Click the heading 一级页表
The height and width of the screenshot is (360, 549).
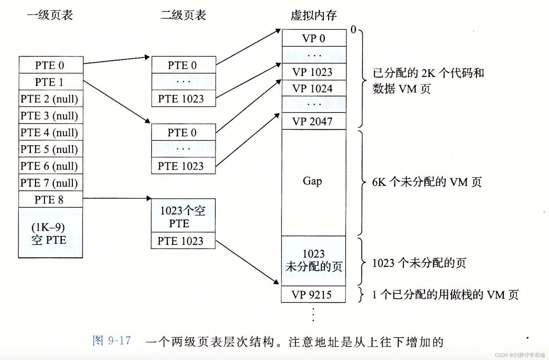[x=50, y=15]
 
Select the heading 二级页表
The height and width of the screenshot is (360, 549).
[x=183, y=15]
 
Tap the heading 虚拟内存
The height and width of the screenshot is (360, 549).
[x=313, y=15]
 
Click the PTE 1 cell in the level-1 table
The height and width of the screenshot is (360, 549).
[x=51, y=82]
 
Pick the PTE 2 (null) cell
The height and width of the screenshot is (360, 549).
[x=51, y=99]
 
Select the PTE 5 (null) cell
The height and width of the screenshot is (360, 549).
[x=51, y=149]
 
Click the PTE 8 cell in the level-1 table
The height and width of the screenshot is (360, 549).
[x=51, y=200]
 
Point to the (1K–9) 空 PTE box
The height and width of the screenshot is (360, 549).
[x=50, y=233]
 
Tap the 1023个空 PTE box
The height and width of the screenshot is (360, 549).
[x=183, y=216]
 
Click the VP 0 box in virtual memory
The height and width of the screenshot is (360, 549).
[x=314, y=38]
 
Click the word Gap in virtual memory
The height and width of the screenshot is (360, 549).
[x=312, y=181]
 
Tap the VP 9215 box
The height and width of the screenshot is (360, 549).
[x=313, y=295]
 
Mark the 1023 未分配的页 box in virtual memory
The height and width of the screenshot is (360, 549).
[x=313, y=261]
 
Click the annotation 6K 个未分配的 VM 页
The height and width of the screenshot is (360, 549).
[x=427, y=182]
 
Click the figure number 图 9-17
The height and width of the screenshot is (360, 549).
[x=112, y=341]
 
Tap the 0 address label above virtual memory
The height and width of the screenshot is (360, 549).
[x=353, y=30]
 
